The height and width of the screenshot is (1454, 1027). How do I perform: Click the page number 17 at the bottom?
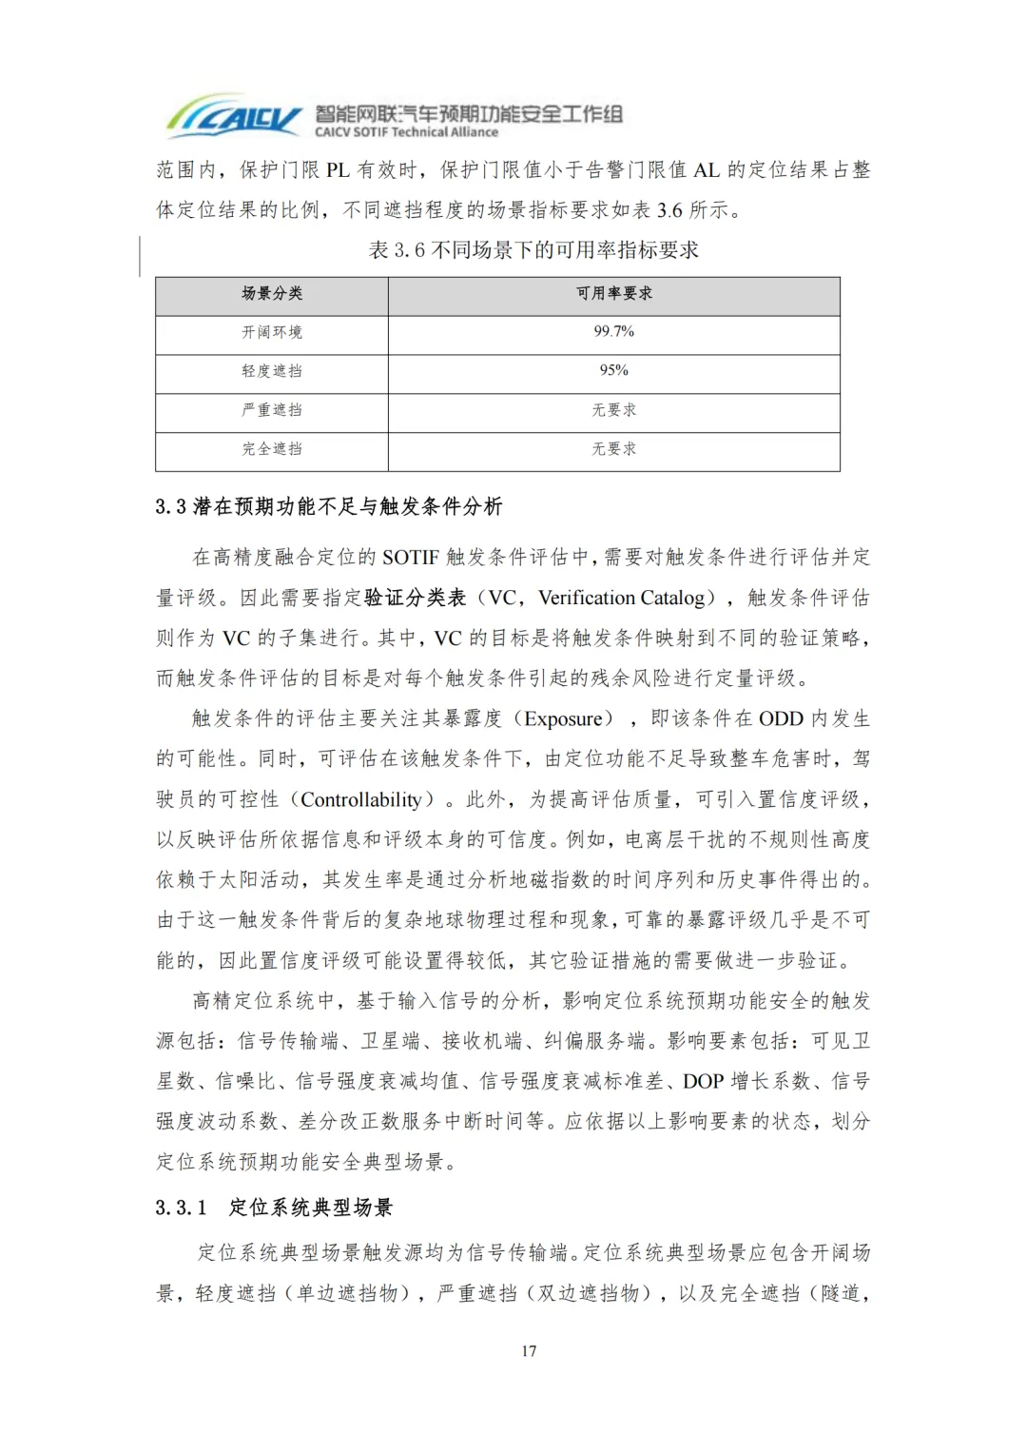tap(529, 1350)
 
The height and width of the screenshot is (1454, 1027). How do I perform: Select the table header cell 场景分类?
tap(272, 294)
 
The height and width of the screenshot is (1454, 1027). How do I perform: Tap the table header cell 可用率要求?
tap(614, 294)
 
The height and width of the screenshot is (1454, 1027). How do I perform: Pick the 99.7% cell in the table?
tap(614, 331)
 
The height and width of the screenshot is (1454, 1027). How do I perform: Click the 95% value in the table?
tap(614, 370)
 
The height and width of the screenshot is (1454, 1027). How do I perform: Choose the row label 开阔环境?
tap(272, 332)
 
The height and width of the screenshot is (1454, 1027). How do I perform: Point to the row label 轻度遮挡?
tap(272, 371)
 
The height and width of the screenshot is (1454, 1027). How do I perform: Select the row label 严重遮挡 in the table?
tap(272, 410)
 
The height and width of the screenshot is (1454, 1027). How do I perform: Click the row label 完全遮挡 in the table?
tap(272, 449)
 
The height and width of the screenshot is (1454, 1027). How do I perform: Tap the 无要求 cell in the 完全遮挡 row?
tap(614, 449)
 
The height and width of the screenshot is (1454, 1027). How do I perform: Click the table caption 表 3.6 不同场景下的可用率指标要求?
tap(533, 250)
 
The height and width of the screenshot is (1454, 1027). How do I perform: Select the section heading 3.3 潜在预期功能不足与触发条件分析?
tap(329, 507)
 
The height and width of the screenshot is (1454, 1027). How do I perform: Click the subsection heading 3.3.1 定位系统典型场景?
tap(274, 1208)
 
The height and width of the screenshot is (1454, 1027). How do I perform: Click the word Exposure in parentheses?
tap(563, 719)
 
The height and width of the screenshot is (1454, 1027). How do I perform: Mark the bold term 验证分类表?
tap(416, 598)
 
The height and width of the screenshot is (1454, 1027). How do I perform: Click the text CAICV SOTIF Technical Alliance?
tap(407, 133)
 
